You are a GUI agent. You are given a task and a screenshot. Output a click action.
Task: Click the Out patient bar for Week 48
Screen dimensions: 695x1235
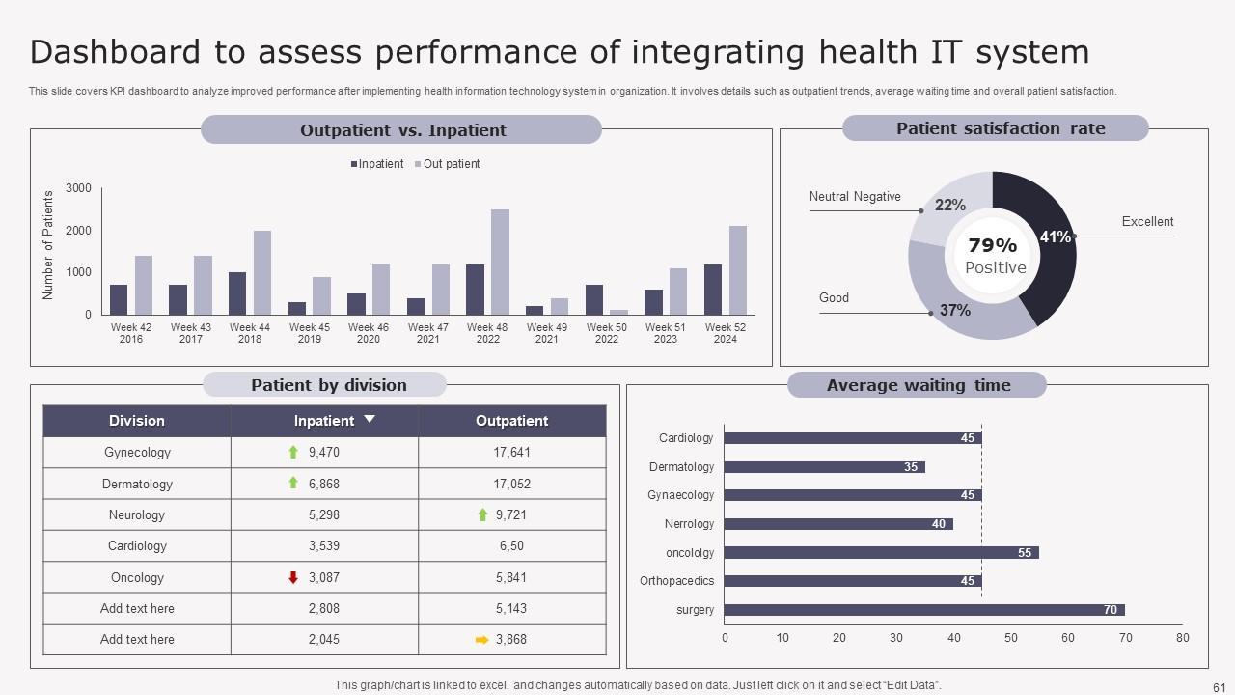[x=500, y=262]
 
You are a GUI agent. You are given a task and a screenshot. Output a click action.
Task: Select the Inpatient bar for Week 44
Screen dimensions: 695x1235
[x=237, y=293]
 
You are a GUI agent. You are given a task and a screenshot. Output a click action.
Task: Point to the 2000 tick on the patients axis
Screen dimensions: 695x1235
[x=79, y=231]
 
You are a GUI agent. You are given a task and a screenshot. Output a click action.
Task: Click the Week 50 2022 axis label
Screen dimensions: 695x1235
[x=606, y=333]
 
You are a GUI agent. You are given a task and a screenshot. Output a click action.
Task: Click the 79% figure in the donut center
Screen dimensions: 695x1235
[x=993, y=246]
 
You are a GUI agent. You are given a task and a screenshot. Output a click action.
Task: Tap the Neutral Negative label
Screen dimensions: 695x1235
[x=855, y=197]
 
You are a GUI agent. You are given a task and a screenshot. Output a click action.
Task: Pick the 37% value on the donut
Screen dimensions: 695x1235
[x=955, y=311]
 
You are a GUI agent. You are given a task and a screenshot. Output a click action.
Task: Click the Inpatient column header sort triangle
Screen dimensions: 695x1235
[x=369, y=420]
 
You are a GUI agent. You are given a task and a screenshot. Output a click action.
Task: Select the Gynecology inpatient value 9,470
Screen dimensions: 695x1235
[x=324, y=452]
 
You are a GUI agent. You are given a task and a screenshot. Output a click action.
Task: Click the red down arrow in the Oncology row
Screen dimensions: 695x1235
[x=293, y=577]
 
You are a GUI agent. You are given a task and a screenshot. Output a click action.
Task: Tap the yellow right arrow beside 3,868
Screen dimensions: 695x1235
[x=482, y=639]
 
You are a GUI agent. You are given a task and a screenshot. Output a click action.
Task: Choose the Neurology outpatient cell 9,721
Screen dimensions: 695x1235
[x=511, y=514]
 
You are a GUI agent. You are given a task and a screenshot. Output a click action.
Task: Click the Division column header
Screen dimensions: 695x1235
[x=137, y=421]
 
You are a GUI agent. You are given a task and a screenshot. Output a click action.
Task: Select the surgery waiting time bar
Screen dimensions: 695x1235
[x=923, y=610]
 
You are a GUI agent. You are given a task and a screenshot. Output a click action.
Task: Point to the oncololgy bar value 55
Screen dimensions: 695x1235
[x=1025, y=553]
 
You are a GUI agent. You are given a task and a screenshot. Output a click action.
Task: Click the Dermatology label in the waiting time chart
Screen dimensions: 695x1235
[x=681, y=467]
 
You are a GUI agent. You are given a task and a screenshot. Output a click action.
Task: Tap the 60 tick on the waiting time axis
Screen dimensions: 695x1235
[x=1067, y=638]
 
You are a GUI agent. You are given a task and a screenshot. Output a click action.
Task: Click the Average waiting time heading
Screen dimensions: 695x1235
[x=918, y=385]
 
